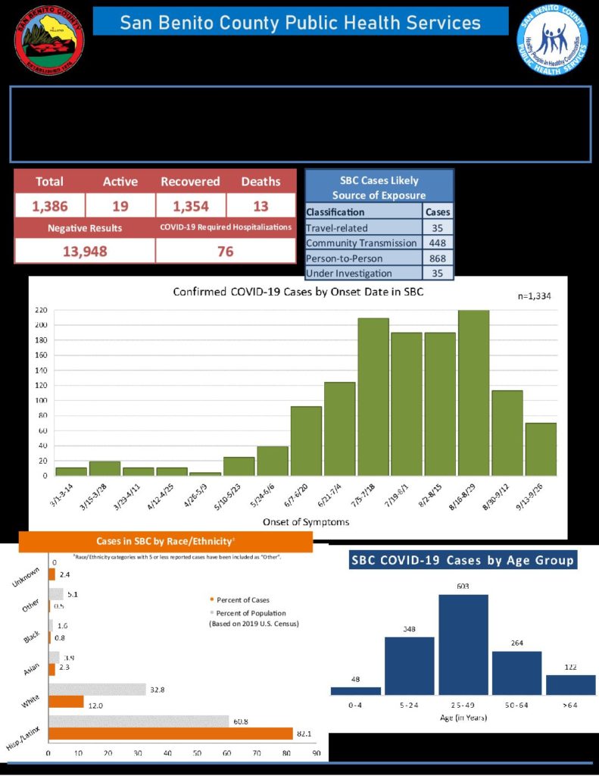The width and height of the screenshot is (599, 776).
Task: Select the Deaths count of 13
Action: (261, 205)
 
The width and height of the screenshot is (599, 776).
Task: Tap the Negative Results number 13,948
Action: (84, 251)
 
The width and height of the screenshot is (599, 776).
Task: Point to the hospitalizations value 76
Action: (226, 251)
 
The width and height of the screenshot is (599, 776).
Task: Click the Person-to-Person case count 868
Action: (438, 258)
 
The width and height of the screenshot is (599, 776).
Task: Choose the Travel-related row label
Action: (337, 227)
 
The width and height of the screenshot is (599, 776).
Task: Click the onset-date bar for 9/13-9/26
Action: (541, 449)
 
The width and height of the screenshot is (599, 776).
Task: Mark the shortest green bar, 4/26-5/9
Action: (205, 474)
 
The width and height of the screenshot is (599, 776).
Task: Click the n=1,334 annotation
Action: (535, 296)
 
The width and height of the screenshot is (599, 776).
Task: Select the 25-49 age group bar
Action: (463, 643)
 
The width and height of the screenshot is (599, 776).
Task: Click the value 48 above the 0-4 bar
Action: (356, 679)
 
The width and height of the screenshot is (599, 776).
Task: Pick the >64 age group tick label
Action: (570, 705)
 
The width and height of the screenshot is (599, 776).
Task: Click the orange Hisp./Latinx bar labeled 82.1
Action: (170, 734)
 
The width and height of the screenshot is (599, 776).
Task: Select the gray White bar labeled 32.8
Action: (97, 690)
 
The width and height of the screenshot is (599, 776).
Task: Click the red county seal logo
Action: (50, 39)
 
